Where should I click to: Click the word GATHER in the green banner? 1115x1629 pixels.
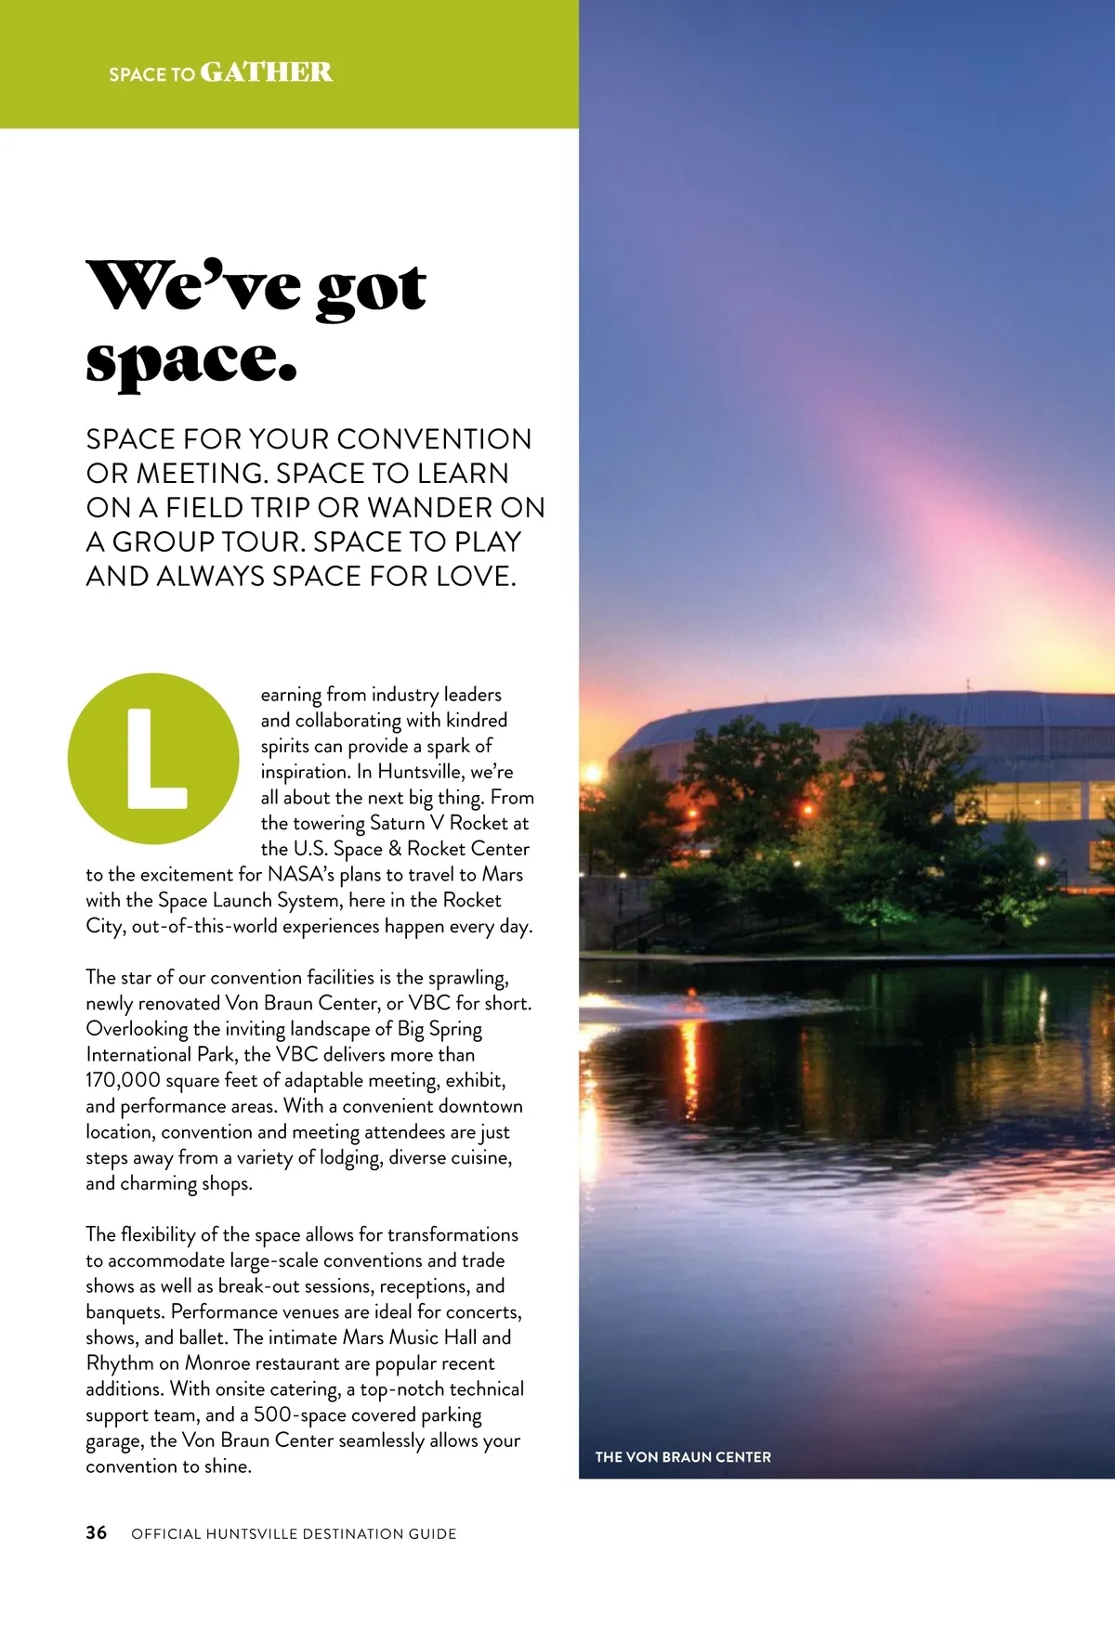(x=266, y=72)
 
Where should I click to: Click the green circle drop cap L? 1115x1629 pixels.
(x=153, y=758)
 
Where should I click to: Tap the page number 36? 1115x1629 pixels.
(x=97, y=1532)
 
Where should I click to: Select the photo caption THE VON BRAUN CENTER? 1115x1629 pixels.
(x=683, y=1457)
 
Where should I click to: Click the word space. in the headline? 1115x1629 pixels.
(x=191, y=362)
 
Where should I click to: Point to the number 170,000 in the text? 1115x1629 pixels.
(x=123, y=1080)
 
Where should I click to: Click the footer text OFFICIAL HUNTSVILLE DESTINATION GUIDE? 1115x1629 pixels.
(x=294, y=1533)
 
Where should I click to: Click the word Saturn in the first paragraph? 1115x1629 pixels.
(x=401, y=823)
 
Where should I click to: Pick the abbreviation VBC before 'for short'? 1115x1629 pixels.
(x=428, y=1003)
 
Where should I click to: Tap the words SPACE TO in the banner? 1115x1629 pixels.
(x=151, y=74)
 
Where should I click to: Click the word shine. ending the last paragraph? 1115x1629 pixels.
(x=228, y=1466)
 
